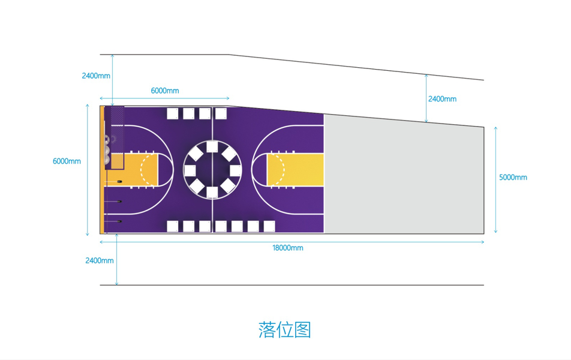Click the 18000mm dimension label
(288, 248)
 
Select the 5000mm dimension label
(513, 178)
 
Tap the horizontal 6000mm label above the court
(165, 91)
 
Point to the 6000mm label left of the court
(67, 161)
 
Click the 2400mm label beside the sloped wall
(442, 99)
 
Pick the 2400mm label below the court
(99, 260)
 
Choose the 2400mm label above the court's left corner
(97, 76)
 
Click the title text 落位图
(285, 329)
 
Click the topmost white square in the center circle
(212, 147)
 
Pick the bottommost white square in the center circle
(212, 192)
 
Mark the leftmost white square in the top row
(173, 113)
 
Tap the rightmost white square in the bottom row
(269, 226)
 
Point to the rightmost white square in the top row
(221, 113)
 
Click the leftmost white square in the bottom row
(173, 226)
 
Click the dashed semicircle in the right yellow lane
(268, 170)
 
